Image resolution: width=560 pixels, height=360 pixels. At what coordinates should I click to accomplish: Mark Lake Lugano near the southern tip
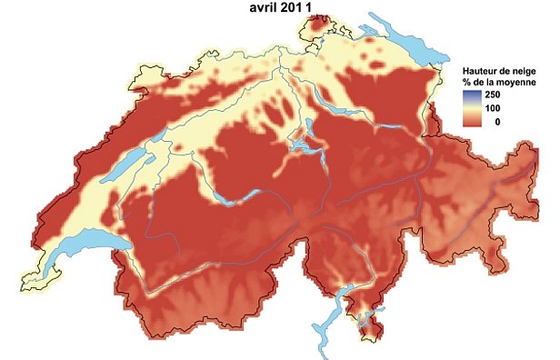click(x=364, y=317)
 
